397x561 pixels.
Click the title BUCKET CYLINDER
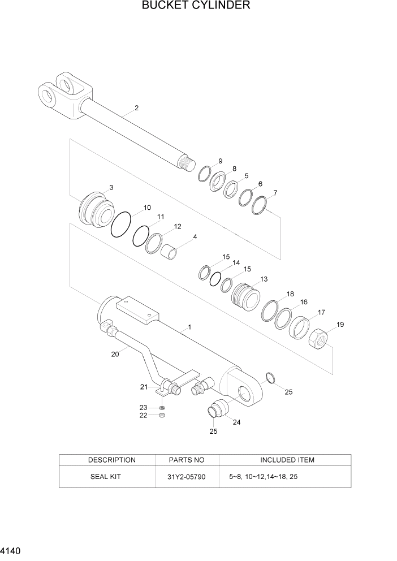196,6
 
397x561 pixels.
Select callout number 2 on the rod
136,108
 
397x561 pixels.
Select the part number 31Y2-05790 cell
187,477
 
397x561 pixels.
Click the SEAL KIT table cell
106,477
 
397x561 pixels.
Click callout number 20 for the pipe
115,355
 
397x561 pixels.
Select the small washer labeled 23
162,407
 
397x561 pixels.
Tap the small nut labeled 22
162,415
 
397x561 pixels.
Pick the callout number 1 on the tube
189,327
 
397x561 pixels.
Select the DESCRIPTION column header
112,460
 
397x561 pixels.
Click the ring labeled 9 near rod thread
204,174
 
